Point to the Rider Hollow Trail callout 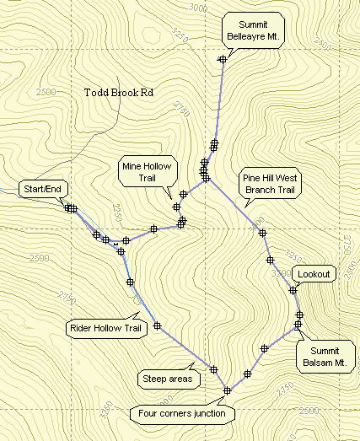[x=103, y=329]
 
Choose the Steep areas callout [x=168, y=379]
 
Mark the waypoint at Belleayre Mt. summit [x=223, y=58]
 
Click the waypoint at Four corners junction [x=228, y=390]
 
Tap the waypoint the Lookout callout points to [x=293, y=290]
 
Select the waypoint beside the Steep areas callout [x=214, y=369]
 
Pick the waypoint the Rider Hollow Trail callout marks [x=157, y=325]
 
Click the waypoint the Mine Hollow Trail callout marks [x=177, y=207]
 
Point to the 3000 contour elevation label [x=200, y=7]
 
